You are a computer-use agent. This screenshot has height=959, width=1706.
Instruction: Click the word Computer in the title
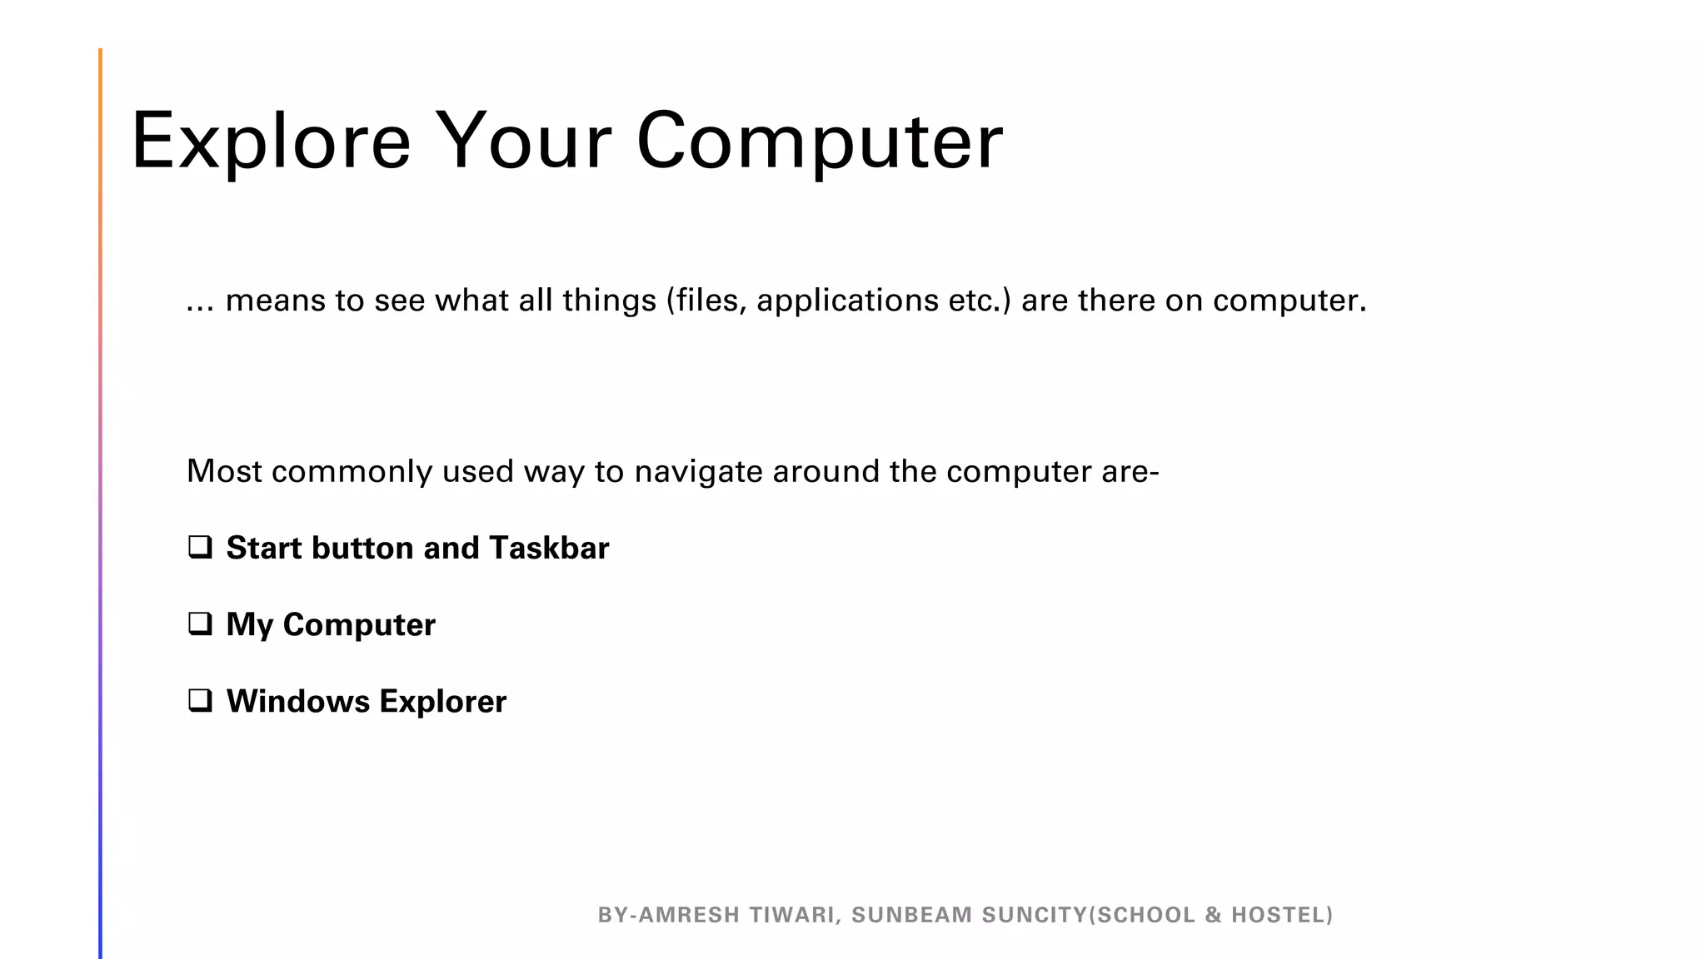(x=820, y=142)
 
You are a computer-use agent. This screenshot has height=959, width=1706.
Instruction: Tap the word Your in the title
(x=523, y=142)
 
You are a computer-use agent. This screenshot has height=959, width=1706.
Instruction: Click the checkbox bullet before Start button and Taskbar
(x=200, y=547)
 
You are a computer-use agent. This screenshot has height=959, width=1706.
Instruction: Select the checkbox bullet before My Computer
(x=200, y=624)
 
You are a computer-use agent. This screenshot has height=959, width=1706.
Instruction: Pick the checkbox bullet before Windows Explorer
(x=200, y=700)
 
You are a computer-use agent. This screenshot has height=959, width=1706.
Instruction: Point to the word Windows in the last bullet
(x=297, y=701)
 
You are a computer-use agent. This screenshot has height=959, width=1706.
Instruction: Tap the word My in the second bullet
(x=249, y=624)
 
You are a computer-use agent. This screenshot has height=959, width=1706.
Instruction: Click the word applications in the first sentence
(x=847, y=301)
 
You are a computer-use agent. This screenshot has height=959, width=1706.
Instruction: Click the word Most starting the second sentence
(x=224, y=471)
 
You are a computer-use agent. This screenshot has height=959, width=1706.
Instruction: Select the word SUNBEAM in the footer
(x=911, y=915)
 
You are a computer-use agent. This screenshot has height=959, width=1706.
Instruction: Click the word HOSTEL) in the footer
(x=1282, y=915)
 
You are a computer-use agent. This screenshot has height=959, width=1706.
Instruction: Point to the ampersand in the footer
(x=1213, y=915)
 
